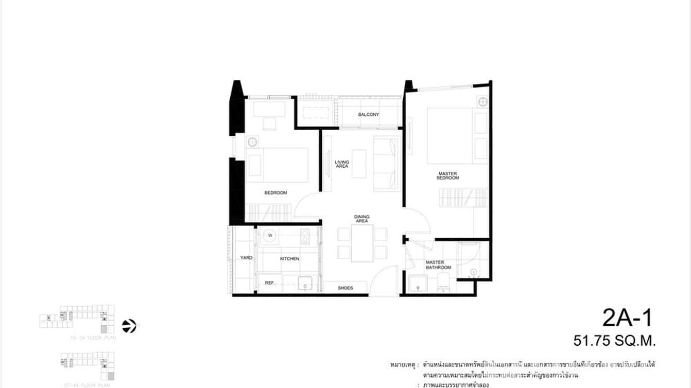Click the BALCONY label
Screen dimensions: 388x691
click(368, 114)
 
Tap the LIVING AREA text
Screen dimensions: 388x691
click(342, 164)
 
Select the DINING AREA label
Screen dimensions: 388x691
click(361, 219)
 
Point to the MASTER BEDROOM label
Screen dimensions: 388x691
click(448, 175)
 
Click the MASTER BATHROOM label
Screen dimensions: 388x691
click(438, 265)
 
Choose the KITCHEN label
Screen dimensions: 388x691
click(289, 258)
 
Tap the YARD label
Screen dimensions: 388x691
click(246, 257)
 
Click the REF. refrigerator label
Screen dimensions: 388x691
click(270, 283)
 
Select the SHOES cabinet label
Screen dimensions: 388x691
click(346, 288)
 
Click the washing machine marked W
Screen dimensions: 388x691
click(269, 236)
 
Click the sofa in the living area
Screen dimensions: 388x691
click(387, 164)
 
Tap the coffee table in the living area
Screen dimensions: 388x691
click(359, 164)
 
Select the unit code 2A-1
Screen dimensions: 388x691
click(627, 318)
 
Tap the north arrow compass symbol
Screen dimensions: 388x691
click(129, 326)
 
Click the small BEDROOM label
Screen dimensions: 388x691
click(275, 193)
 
